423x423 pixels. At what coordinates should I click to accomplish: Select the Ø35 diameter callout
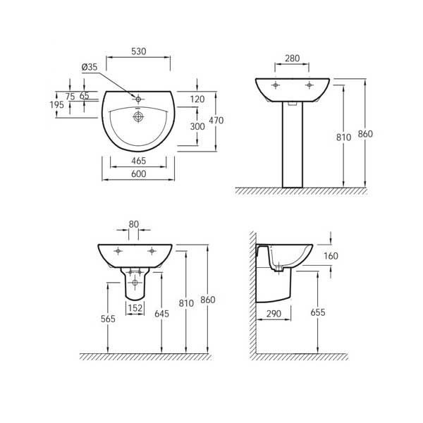90,67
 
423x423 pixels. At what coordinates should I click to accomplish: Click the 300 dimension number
197,127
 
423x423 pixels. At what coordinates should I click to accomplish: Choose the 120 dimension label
197,99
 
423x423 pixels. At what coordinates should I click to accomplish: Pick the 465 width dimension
138,161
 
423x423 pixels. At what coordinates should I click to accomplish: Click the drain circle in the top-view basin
139,117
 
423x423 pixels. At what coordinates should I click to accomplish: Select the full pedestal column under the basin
292,145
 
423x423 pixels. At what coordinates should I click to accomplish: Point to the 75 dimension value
69,97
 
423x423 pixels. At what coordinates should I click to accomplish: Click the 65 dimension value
84,97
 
